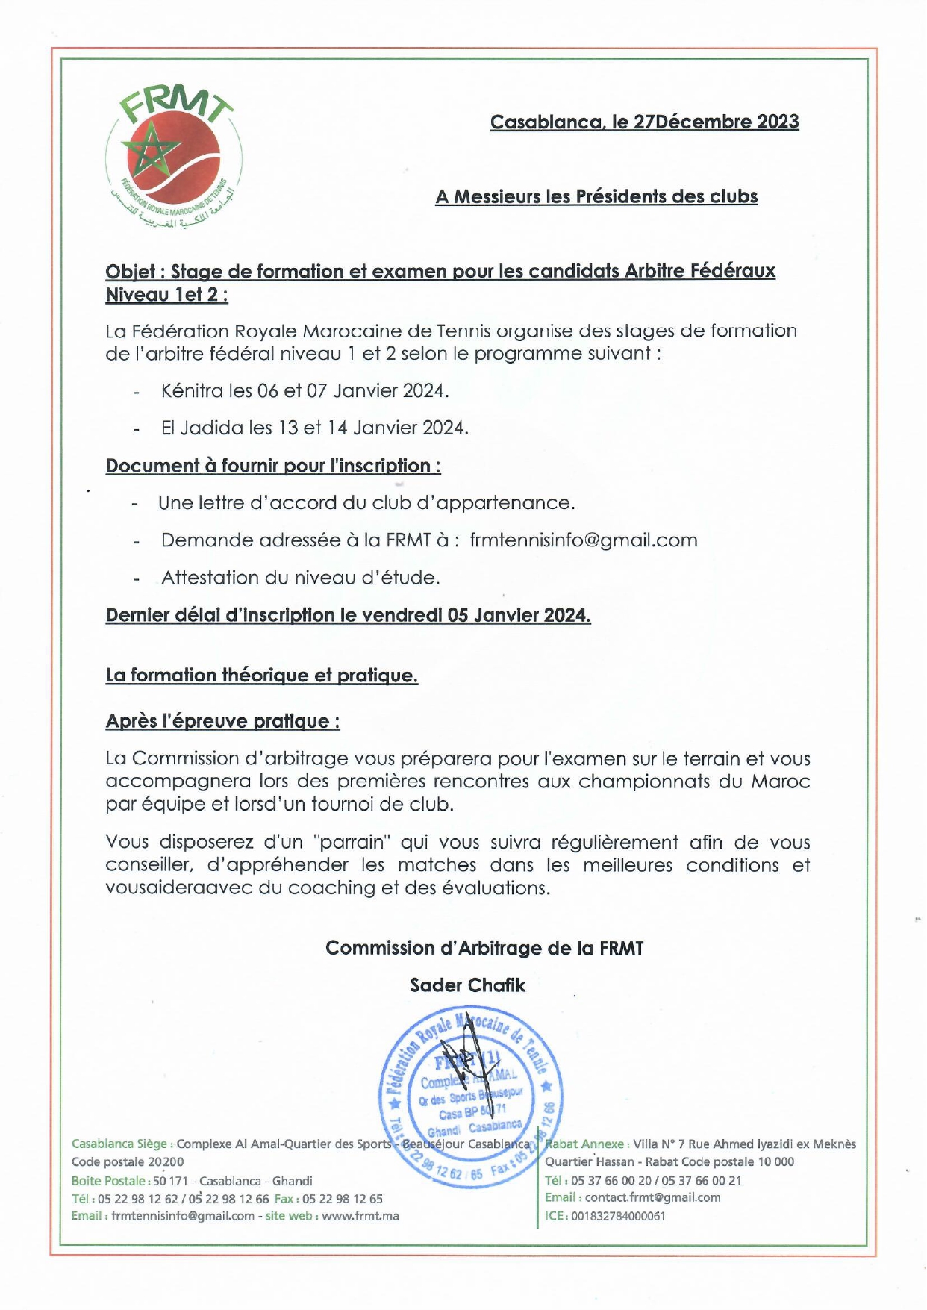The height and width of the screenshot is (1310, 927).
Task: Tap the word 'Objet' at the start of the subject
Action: click(130, 271)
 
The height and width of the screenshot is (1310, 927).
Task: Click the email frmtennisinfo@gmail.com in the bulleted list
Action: click(584, 540)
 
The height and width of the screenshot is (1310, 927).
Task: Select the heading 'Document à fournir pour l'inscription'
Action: click(272, 466)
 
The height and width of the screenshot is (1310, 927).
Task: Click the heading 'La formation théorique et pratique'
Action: click(261, 676)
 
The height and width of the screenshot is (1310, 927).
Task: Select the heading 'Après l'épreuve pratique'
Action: click(222, 721)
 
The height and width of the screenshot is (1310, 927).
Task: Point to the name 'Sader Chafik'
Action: click(467, 985)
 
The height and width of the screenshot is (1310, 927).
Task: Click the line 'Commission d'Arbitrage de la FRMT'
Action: click(484, 948)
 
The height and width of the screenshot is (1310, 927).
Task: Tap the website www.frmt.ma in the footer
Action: click(360, 1216)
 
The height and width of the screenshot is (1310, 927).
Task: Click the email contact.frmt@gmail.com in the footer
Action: click(652, 1197)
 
